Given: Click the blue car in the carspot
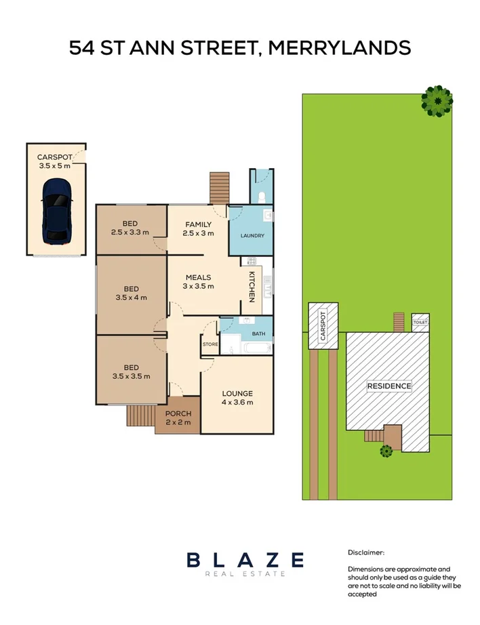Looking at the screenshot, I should tap(56, 211).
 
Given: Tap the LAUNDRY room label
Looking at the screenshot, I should tap(252, 236).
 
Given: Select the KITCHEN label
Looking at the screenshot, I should tap(251, 285).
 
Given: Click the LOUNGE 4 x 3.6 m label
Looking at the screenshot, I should tap(237, 398).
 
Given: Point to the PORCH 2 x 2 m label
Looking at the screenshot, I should tap(178, 418).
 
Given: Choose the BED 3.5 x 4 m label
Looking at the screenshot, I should tap(131, 293).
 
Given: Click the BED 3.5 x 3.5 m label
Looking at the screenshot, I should tap(131, 371).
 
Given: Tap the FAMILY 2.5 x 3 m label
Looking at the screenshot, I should tap(198, 228).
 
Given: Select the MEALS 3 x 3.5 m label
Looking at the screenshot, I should tap(198, 281).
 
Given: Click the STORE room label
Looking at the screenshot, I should tap(209, 344).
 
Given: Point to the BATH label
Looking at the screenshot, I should tap(258, 334).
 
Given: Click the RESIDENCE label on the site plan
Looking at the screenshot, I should tap(389, 386).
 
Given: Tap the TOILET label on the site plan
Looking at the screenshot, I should tap(420, 323).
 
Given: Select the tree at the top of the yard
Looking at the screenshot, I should tap(437, 101).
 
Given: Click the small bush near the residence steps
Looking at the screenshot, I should tap(386, 450).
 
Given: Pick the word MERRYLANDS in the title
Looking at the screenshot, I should tap(340, 48).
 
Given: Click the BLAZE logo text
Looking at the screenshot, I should tap(245, 560).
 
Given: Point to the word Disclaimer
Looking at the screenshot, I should tap(366, 552).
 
